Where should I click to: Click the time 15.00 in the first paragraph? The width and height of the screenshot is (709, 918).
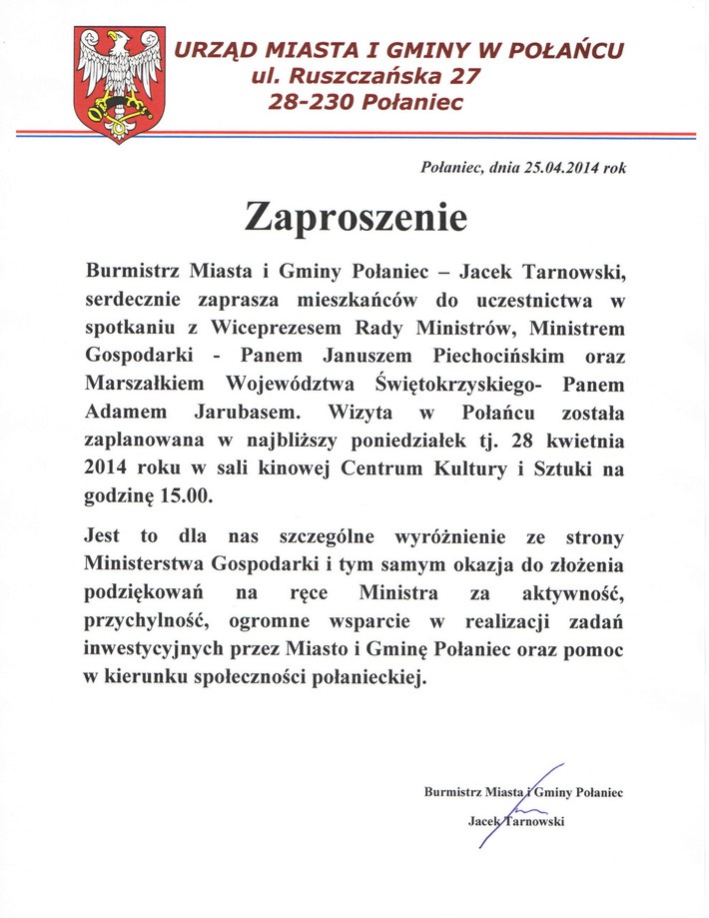tap(189, 494)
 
